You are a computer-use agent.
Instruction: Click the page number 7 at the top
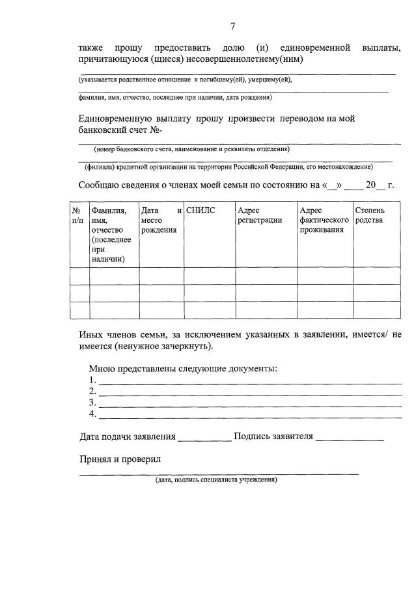232,26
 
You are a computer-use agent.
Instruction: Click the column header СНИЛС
201,210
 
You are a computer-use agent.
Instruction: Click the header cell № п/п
78,215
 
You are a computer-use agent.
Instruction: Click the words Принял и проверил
120,459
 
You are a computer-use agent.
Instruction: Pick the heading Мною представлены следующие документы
183,369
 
